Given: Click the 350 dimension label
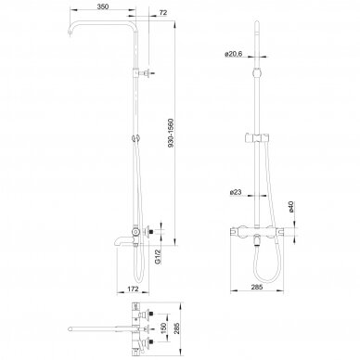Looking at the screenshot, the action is (x=103, y=6).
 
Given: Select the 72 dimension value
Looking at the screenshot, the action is (x=163, y=13).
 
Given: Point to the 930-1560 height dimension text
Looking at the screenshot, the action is (x=171, y=133).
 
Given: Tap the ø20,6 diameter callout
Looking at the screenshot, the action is (x=234, y=54).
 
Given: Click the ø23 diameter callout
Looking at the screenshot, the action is (x=236, y=192).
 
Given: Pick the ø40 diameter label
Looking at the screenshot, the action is (x=290, y=207).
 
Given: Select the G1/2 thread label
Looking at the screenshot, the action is (x=158, y=257).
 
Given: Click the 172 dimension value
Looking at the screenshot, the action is (x=133, y=289).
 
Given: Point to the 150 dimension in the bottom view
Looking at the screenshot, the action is (x=163, y=328).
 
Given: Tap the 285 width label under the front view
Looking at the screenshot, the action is (x=257, y=287).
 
